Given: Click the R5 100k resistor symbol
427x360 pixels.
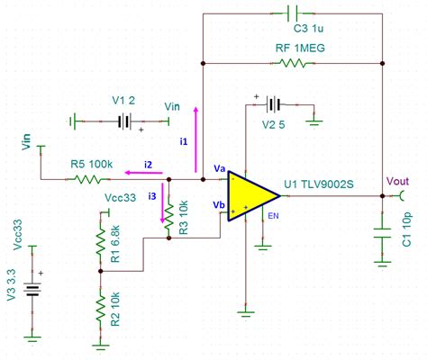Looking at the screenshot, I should coord(90,179).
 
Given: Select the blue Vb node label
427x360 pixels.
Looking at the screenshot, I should coord(220,204).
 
